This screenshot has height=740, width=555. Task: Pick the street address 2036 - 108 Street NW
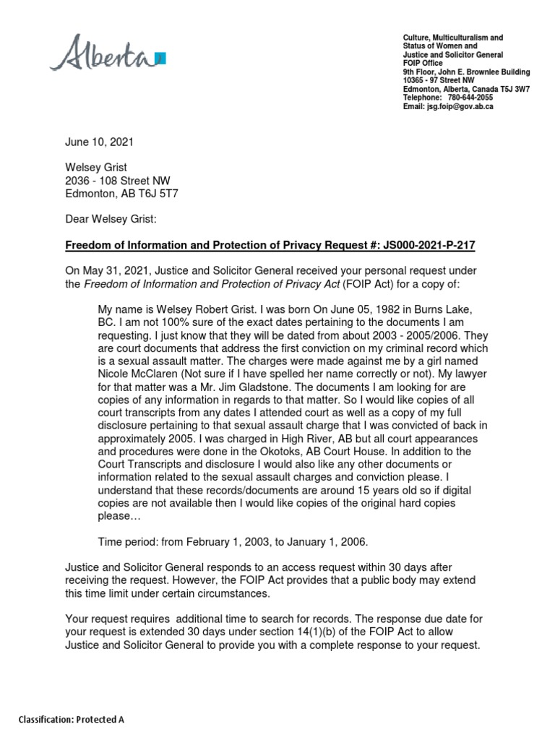click(x=118, y=180)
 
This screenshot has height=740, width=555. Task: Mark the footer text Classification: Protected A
click(x=72, y=720)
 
